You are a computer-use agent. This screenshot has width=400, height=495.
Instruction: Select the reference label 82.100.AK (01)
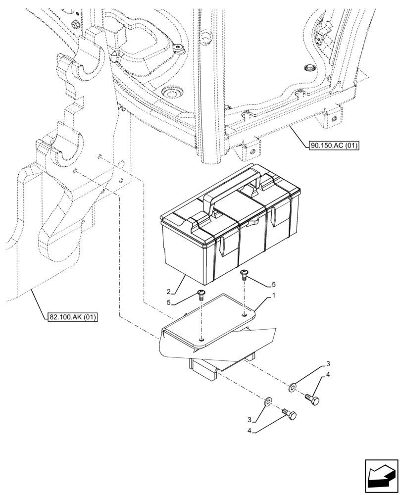point(73,317)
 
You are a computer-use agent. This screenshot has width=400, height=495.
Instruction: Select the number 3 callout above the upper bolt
point(328,365)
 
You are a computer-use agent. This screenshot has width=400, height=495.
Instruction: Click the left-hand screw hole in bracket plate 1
point(201,340)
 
